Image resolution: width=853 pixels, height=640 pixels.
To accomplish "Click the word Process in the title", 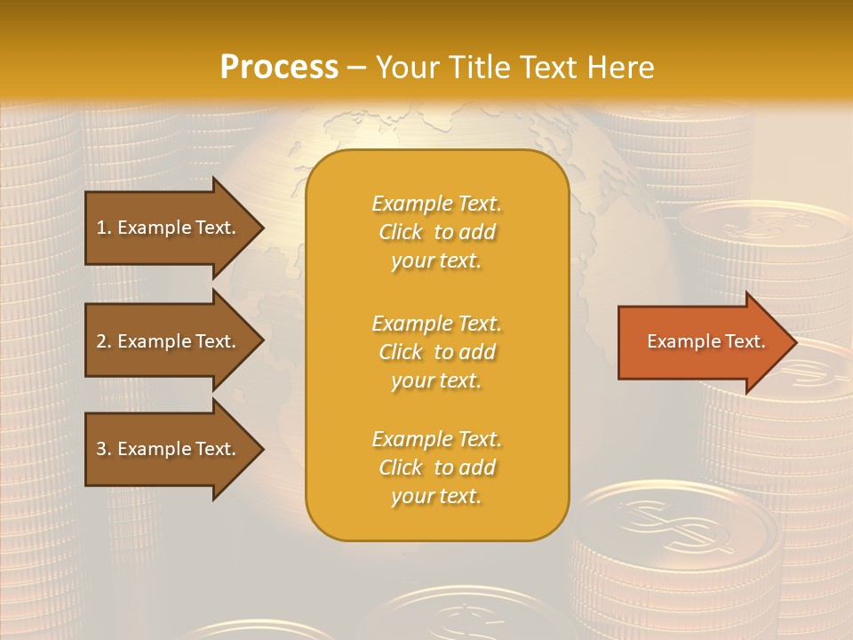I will pyautogui.click(x=279, y=68).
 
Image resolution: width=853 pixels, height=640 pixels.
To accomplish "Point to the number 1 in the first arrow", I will pyautogui.click(x=101, y=228).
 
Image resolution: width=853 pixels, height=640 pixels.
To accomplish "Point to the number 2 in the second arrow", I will pyautogui.click(x=101, y=341).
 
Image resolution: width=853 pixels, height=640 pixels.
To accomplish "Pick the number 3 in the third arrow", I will pyautogui.click(x=101, y=449).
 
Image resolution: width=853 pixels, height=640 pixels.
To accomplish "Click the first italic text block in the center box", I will pyautogui.click(x=436, y=232).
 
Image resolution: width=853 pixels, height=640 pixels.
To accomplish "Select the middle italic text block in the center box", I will pyautogui.click(x=436, y=352).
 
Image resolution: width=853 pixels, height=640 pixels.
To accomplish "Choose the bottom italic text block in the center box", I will pyautogui.click(x=436, y=468).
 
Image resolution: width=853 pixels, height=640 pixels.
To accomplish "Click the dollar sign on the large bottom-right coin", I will pyautogui.click(x=674, y=525).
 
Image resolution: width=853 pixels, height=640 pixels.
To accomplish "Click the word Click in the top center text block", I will pyautogui.click(x=401, y=232).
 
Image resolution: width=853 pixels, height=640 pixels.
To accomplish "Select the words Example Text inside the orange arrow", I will pyautogui.click(x=706, y=341).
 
